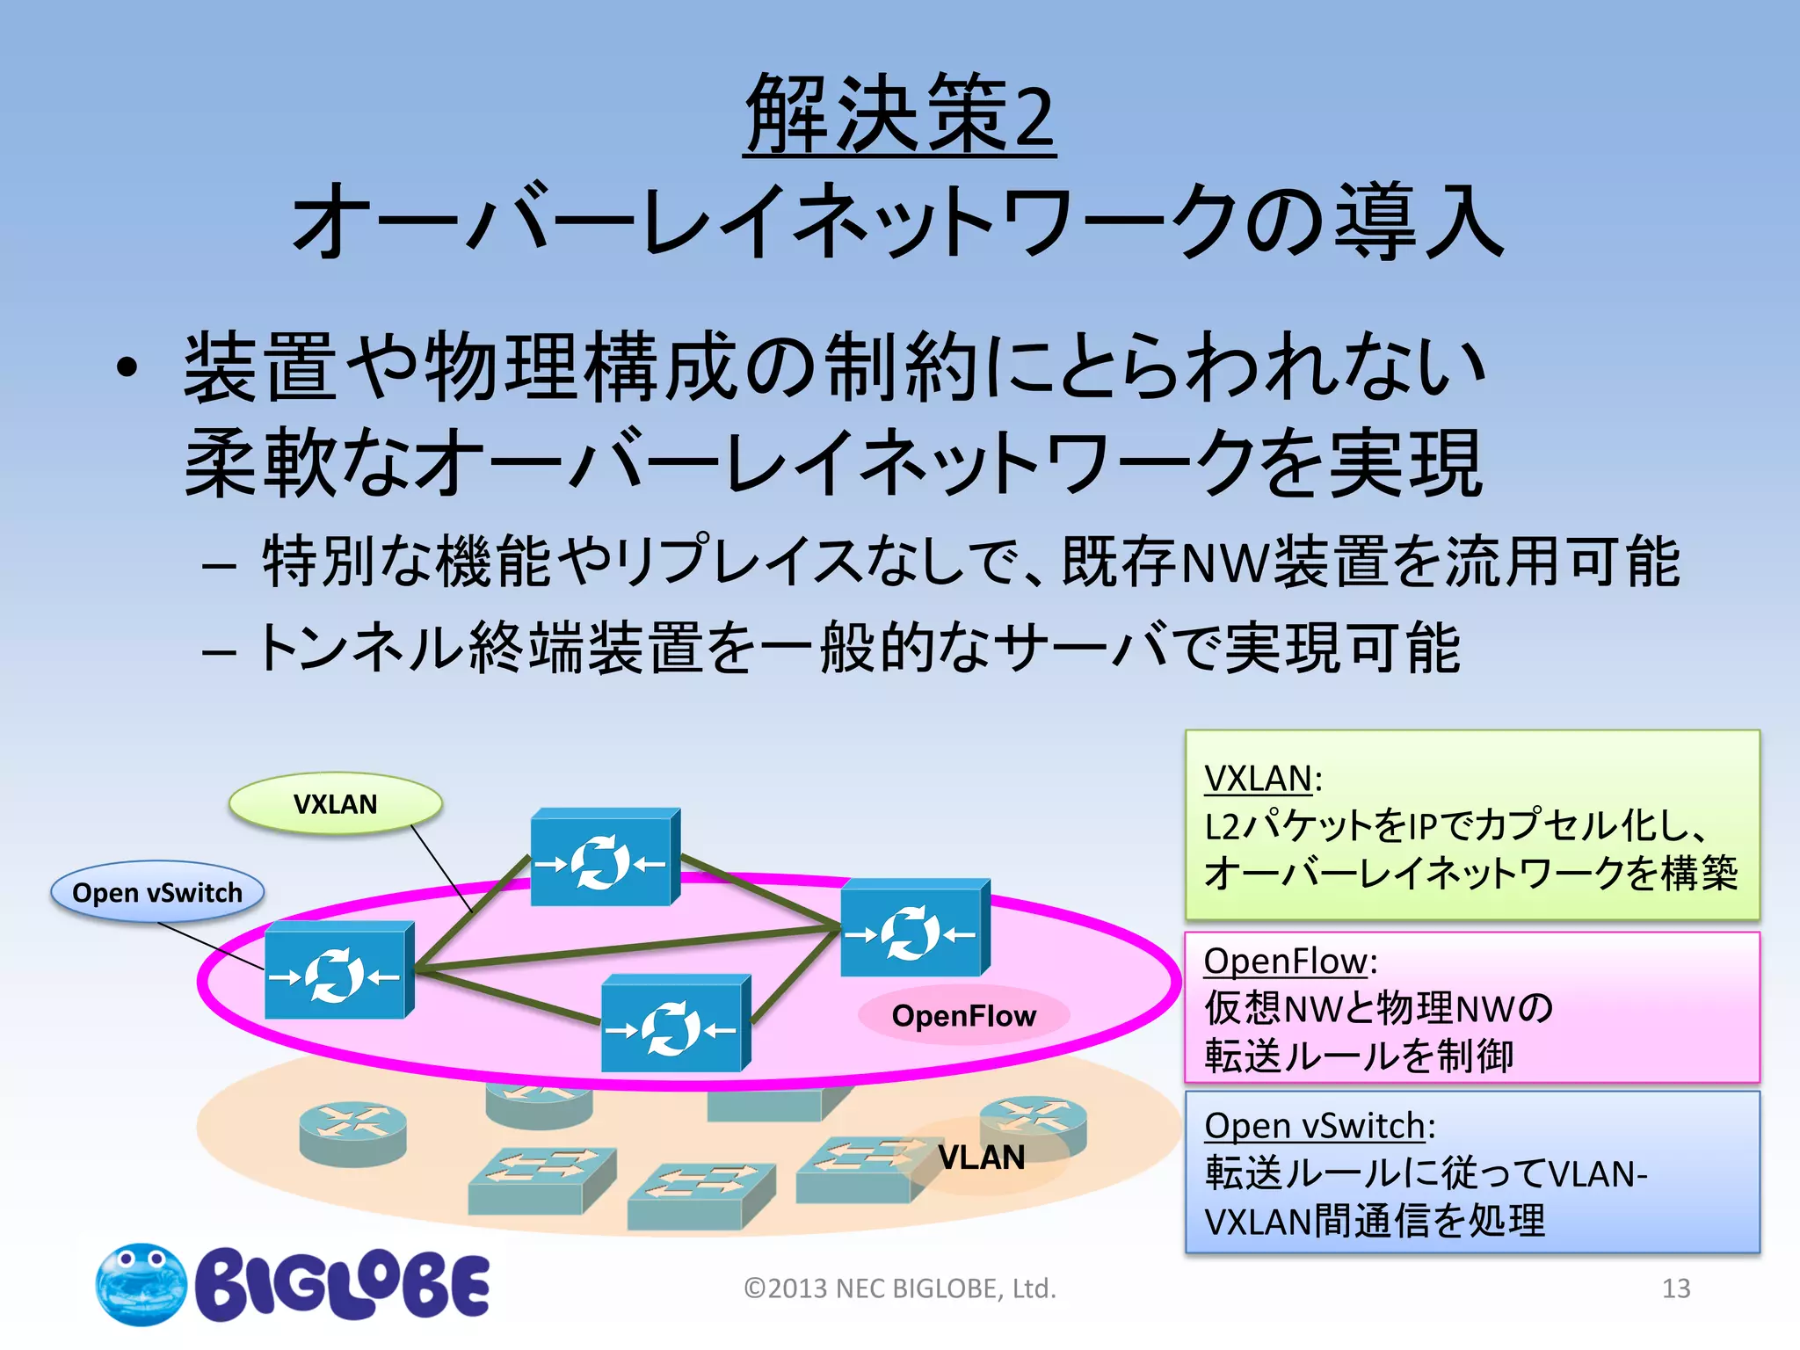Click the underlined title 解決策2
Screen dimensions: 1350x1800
point(899,114)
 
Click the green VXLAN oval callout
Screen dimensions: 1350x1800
point(335,804)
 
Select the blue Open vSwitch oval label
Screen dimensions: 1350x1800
point(157,892)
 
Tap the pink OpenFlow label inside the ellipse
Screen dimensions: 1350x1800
point(963,1016)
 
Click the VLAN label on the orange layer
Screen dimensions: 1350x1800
point(981,1158)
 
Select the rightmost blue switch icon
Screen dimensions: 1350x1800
point(915,929)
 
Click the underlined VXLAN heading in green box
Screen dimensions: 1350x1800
point(1258,779)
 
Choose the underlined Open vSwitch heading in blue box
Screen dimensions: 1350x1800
point(1314,1126)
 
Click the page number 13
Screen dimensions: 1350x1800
point(1675,1288)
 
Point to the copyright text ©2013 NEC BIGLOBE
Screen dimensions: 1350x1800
point(899,1288)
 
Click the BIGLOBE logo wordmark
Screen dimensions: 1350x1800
point(343,1285)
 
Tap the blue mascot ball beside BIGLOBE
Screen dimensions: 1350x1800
point(141,1284)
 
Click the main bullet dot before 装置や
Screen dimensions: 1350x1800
point(127,368)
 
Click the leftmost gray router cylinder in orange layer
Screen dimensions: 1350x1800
point(352,1134)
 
